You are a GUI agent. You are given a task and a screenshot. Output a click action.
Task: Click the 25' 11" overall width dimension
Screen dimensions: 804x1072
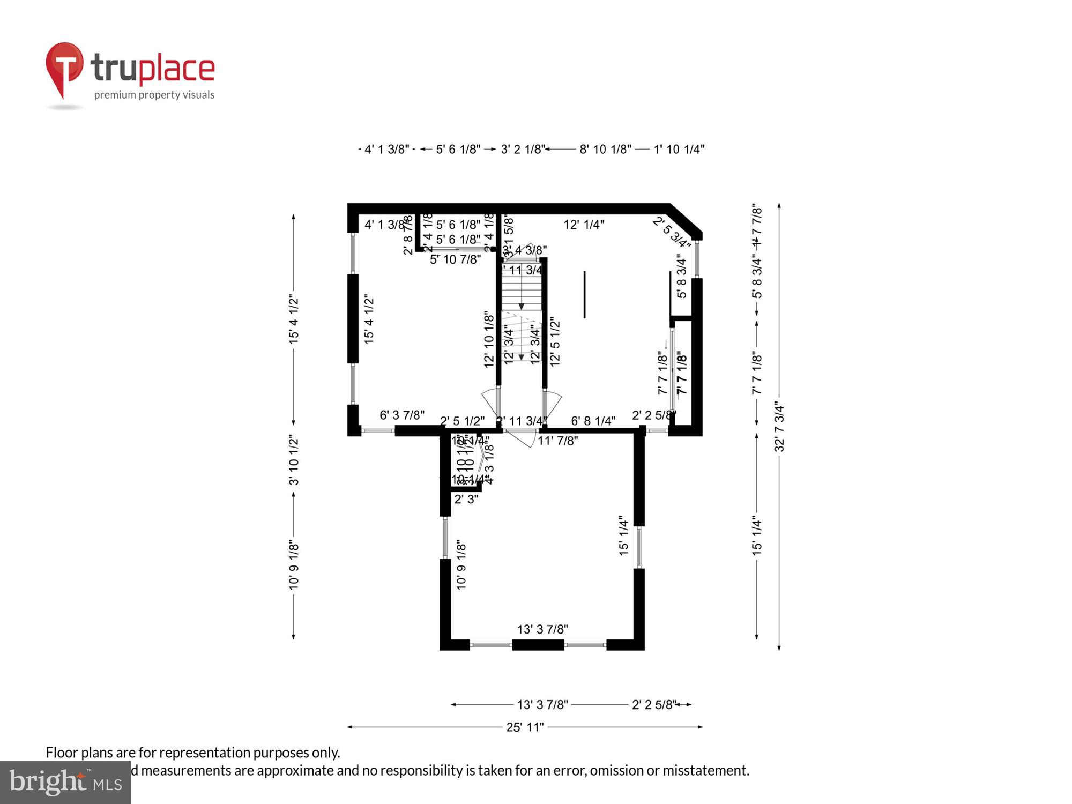click(525, 727)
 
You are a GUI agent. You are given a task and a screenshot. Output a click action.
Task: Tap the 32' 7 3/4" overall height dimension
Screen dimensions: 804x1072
click(779, 427)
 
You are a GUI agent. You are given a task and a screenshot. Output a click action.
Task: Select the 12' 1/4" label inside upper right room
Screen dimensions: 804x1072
click(584, 225)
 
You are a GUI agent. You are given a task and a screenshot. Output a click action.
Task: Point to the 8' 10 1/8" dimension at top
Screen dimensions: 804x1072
click(605, 150)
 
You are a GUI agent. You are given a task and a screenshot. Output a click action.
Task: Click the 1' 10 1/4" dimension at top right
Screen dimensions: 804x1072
click(679, 150)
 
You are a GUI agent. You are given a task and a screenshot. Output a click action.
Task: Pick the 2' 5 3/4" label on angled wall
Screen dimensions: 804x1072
click(671, 233)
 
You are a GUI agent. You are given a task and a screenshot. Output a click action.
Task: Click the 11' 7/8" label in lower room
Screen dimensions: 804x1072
click(558, 441)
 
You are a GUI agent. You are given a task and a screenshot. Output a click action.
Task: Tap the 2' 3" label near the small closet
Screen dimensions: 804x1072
click(466, 499)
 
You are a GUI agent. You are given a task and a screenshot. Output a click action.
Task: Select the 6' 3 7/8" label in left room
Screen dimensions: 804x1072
click(402, 415)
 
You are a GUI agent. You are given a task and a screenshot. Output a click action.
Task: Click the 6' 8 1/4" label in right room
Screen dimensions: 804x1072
click(593, 421)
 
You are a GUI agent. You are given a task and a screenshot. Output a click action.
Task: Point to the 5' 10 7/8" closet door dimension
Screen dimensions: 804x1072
click(455, 259)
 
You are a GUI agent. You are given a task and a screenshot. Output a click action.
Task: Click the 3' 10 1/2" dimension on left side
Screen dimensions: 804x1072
click(294, 460)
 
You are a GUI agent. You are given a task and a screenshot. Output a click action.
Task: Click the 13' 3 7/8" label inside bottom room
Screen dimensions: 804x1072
click(542, 629)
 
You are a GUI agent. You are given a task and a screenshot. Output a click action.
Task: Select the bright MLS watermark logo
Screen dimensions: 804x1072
click(65, 783)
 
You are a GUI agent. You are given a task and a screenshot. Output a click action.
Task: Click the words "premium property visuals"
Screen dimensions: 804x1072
click(154, 95)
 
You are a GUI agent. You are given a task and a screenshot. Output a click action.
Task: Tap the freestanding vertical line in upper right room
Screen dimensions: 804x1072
click(584, 294)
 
